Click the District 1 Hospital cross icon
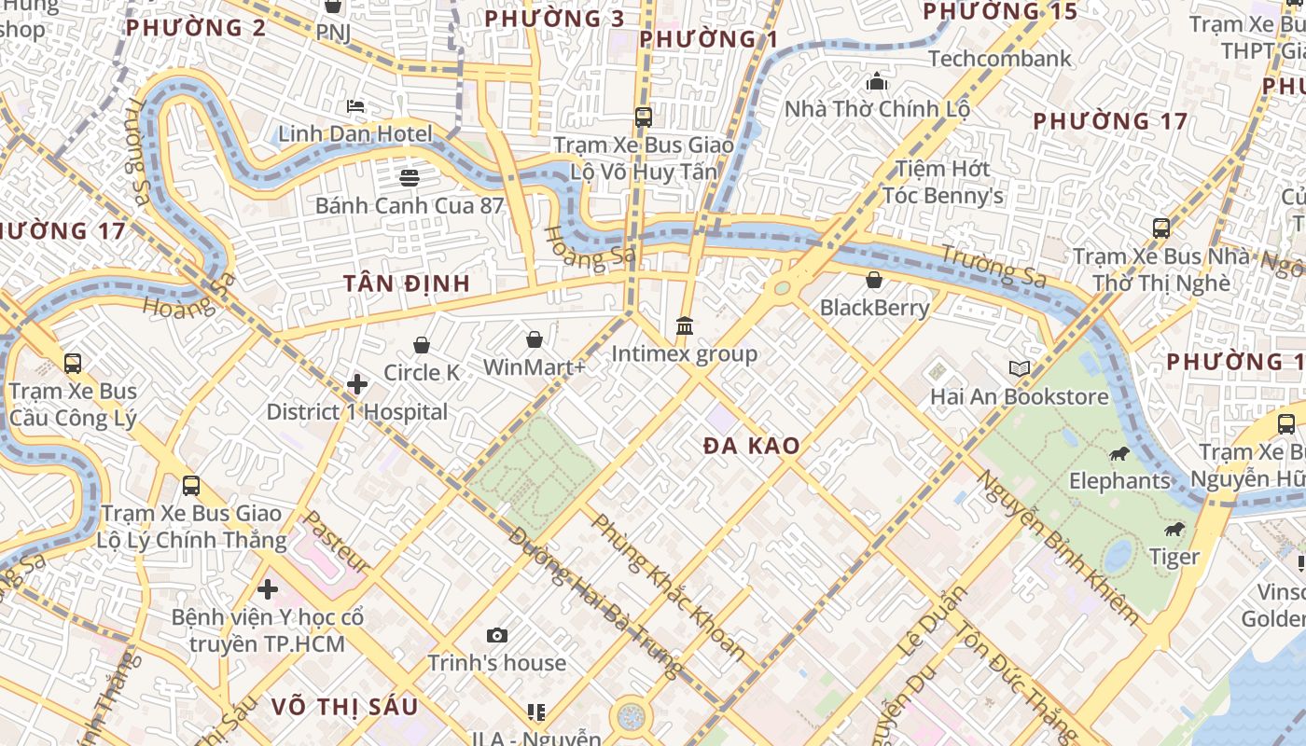click(356, 384)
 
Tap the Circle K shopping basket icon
click(422, 346)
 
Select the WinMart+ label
click(534, 367)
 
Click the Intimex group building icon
click(685, 326)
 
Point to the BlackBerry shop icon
click(874, 280)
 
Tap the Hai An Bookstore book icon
click(1020, 369)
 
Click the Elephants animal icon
click(1119, 454)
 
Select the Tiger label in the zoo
click(1174, 557)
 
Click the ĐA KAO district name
click(752, 446)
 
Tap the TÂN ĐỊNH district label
click(406, 283)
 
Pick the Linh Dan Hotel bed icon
click(354, 106)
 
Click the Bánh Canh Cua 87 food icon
click(409, 177)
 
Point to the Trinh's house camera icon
click(497, 636)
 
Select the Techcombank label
click(1000, 59)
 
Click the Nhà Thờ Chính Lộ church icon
click(876, 82)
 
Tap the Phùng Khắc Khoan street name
click(669, 587)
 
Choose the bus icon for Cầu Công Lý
click(73, 364)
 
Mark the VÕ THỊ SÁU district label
click(345, 707)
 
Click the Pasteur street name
click(337, 542)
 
